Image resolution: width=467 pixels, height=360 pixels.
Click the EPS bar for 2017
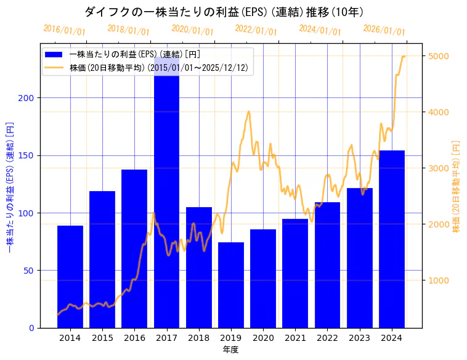[166, 197]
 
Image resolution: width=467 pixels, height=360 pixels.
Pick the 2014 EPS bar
[70, 277]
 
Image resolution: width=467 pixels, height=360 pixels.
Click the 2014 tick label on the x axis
[70, 338]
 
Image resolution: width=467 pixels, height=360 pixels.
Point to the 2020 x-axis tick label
[263, 338]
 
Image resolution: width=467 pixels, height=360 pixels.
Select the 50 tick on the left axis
[30, 271]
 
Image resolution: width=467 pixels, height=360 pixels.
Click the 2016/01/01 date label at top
[65, 30]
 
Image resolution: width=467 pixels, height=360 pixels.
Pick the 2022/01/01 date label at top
[256, 30]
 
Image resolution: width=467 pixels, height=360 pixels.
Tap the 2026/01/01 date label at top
[384, 30]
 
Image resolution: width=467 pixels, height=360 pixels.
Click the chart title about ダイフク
[224, 12]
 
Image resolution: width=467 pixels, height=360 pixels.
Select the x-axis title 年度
[231, 350]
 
